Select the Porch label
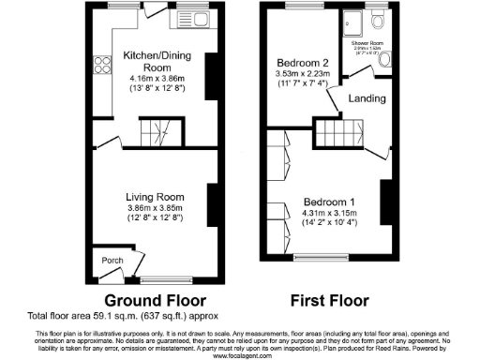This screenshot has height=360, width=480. [105, 260]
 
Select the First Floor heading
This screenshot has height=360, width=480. [326, 302]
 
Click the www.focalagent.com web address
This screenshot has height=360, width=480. [240, 355]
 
